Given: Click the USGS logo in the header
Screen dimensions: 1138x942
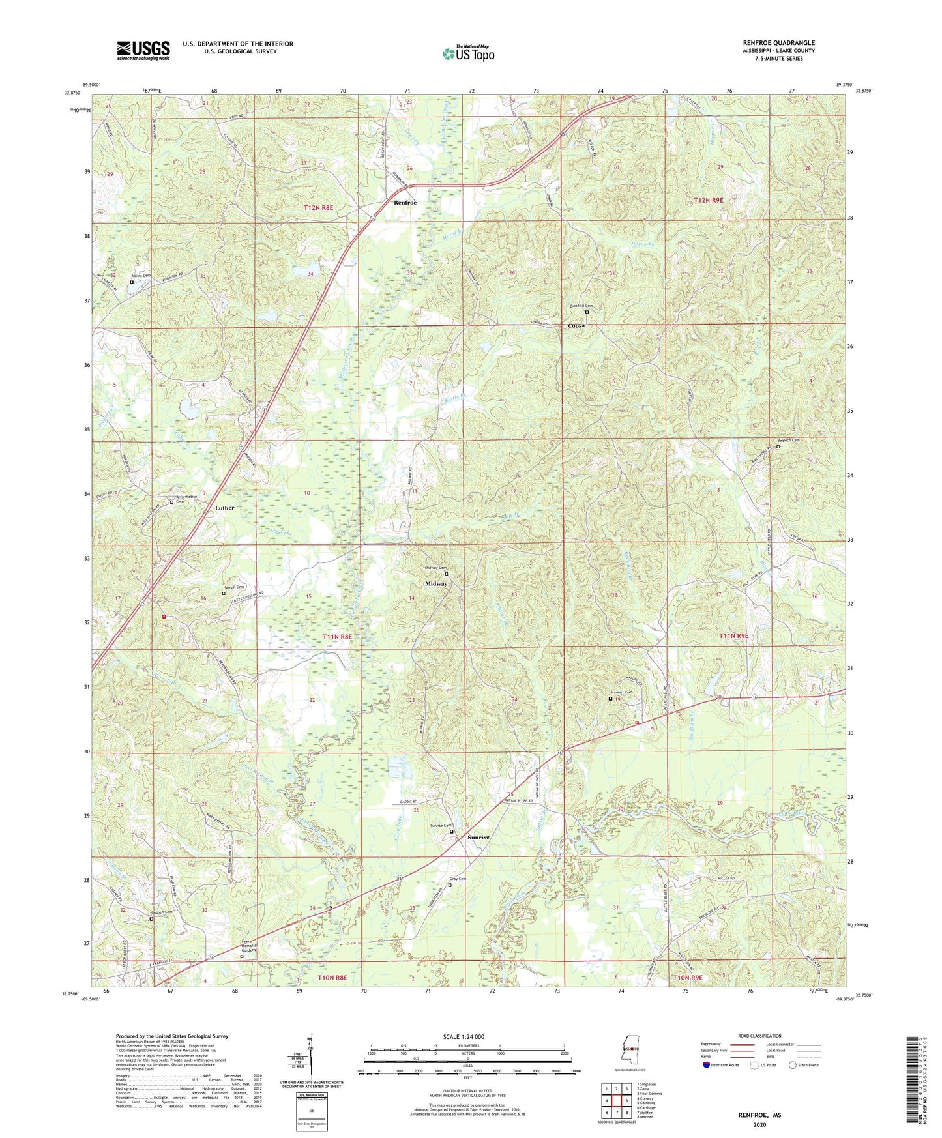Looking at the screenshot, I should point(143,50).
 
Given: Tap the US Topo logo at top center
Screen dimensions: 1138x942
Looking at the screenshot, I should point(468,53).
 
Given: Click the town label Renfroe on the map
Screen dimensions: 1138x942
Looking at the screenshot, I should point(405,203).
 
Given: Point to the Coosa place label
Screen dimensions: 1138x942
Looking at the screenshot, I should point(576,325).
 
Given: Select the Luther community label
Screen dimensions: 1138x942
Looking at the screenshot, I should point(224,507).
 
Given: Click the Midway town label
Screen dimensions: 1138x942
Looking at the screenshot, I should point(436,583).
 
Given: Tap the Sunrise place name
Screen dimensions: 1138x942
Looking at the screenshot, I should point(478,837).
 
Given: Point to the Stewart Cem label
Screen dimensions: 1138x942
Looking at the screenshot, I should point(621,692).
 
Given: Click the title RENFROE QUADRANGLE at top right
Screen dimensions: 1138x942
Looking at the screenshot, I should point(778,43).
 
